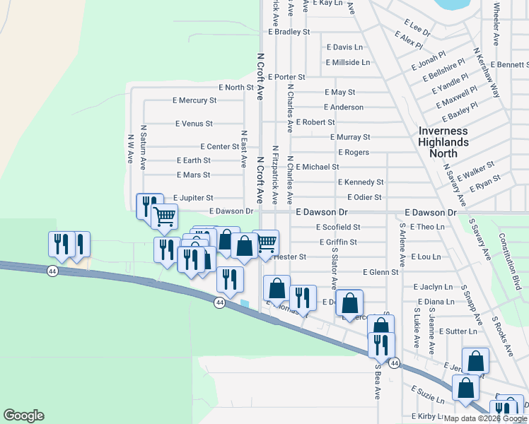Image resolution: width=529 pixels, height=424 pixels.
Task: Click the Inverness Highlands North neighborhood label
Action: [x=443, y=142]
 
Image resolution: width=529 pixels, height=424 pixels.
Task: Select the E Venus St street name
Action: [x=194, y=124]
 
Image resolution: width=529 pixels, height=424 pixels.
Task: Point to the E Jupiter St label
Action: [x=192, y=198]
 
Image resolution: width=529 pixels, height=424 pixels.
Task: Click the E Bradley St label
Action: [x=289, y=32]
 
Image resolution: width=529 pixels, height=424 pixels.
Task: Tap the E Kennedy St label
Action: [x=360, y=182]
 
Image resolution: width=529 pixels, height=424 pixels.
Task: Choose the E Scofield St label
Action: [x=337, y=228]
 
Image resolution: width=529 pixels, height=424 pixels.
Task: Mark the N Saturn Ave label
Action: [x=143, y=148]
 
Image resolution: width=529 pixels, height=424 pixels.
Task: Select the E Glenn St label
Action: [x=380, y=272]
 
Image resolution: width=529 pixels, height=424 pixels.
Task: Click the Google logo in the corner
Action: [x=23, y=416]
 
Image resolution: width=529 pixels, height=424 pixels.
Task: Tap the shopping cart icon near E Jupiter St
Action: [x=164, y=216]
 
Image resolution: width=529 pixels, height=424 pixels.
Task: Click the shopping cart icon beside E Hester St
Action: [x=266, y=242]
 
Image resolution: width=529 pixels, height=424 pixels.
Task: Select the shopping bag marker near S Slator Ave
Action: [x=349, y=302]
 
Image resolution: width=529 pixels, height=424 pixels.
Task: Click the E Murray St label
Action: [x=349, y=137]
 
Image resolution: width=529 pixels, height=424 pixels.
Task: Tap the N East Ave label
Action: [x=243, y=148]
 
